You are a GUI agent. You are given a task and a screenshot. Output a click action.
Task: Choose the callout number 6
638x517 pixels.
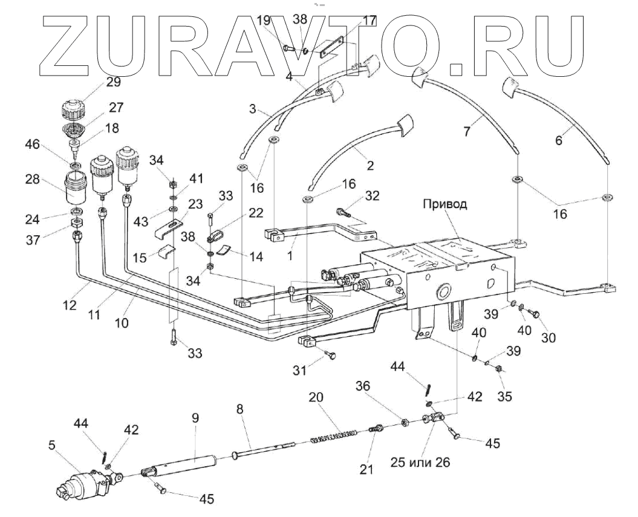[x=558, y=140]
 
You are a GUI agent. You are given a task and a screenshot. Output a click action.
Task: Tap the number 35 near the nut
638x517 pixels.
[x=504, y=397]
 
